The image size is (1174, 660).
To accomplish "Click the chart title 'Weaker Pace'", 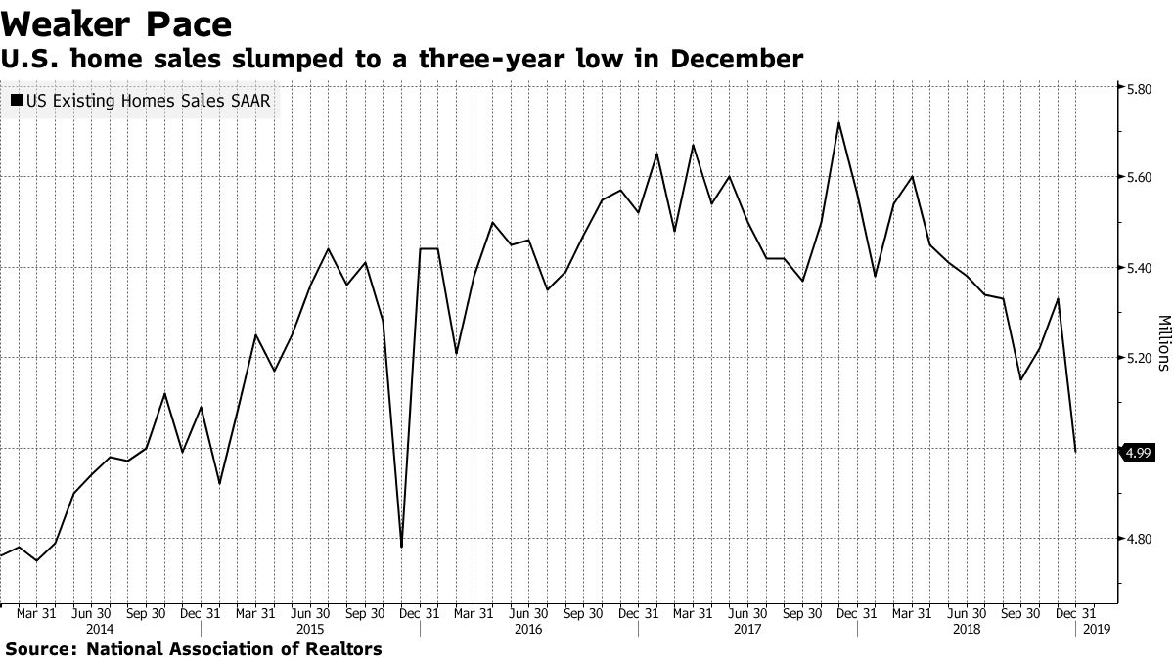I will point(116,22).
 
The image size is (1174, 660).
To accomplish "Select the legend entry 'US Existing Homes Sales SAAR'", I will point(147,101).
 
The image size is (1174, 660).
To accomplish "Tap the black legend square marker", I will point(18,101).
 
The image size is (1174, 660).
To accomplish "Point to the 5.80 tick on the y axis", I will point(1141,88).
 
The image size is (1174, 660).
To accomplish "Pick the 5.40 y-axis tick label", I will point(1141,268).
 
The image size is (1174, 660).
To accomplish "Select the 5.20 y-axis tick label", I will point(1141,358).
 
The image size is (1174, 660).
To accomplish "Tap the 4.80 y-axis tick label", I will point(1141,539).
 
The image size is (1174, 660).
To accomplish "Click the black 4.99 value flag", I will point(1136,452).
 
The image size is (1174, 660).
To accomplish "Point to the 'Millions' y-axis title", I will point(1164,342).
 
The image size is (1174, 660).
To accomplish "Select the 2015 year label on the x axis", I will point(310,630).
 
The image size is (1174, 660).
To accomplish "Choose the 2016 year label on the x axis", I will point(529,630).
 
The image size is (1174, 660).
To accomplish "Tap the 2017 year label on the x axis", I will point(748,630).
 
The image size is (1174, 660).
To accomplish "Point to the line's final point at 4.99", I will point(1076,451).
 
